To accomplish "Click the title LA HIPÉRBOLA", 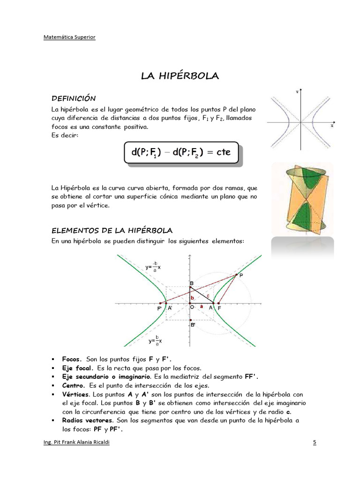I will point(180,76).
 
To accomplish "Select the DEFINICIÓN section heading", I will point(73,98).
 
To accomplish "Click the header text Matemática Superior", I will point(69,37).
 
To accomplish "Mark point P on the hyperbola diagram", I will point(236,275).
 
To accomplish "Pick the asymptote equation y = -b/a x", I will point(153,267).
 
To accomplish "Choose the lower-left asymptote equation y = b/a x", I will point(153,340).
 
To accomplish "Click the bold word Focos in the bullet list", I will point(72,359).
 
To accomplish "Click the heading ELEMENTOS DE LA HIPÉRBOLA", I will point(112,230).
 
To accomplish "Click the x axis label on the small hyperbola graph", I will point(332,126).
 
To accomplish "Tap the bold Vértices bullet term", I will point(75,394).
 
